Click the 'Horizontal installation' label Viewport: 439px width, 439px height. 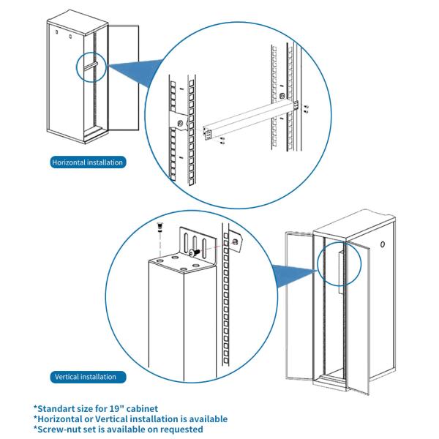(87, 162)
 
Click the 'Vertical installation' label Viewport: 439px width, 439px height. (86, 377)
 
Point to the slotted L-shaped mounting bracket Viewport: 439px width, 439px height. (195, 245)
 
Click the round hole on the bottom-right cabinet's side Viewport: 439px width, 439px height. (383, 244)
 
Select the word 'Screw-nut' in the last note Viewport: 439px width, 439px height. (59, 429)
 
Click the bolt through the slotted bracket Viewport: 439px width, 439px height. (192, 252)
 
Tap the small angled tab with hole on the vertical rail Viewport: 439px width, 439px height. (235, 241)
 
